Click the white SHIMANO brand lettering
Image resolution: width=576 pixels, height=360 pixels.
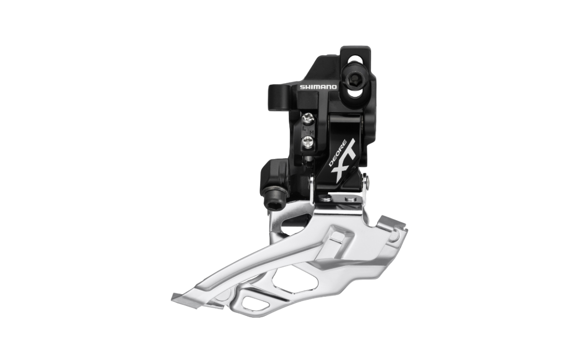coord(318,87)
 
